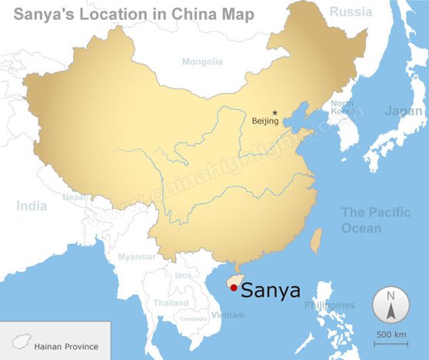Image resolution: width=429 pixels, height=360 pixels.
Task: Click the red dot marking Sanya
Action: [233, 288]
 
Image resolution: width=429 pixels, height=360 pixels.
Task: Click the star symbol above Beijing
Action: [274, 113]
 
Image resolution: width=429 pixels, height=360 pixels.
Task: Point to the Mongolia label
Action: [202, 62]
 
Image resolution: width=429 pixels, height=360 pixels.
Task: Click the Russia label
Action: [351, 12]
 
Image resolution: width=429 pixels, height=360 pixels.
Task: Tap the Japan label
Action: [403, 111]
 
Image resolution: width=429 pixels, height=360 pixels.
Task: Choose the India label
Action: [32, 205]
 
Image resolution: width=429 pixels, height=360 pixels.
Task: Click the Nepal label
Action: [74, 197]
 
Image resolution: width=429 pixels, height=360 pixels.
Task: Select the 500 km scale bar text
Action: [391, 334]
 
